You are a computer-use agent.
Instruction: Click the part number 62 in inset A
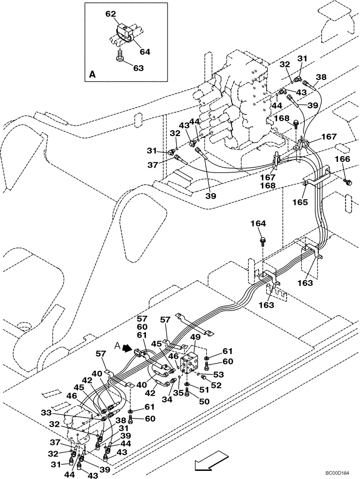click(x=111, y=15)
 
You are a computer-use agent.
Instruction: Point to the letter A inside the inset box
click(x=92, y=75)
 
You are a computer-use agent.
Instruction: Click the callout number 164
click(x=261, y=223)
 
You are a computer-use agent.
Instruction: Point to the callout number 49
click(x=195, y=337)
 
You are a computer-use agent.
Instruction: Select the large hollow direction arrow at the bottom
click(x=209, y=463)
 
